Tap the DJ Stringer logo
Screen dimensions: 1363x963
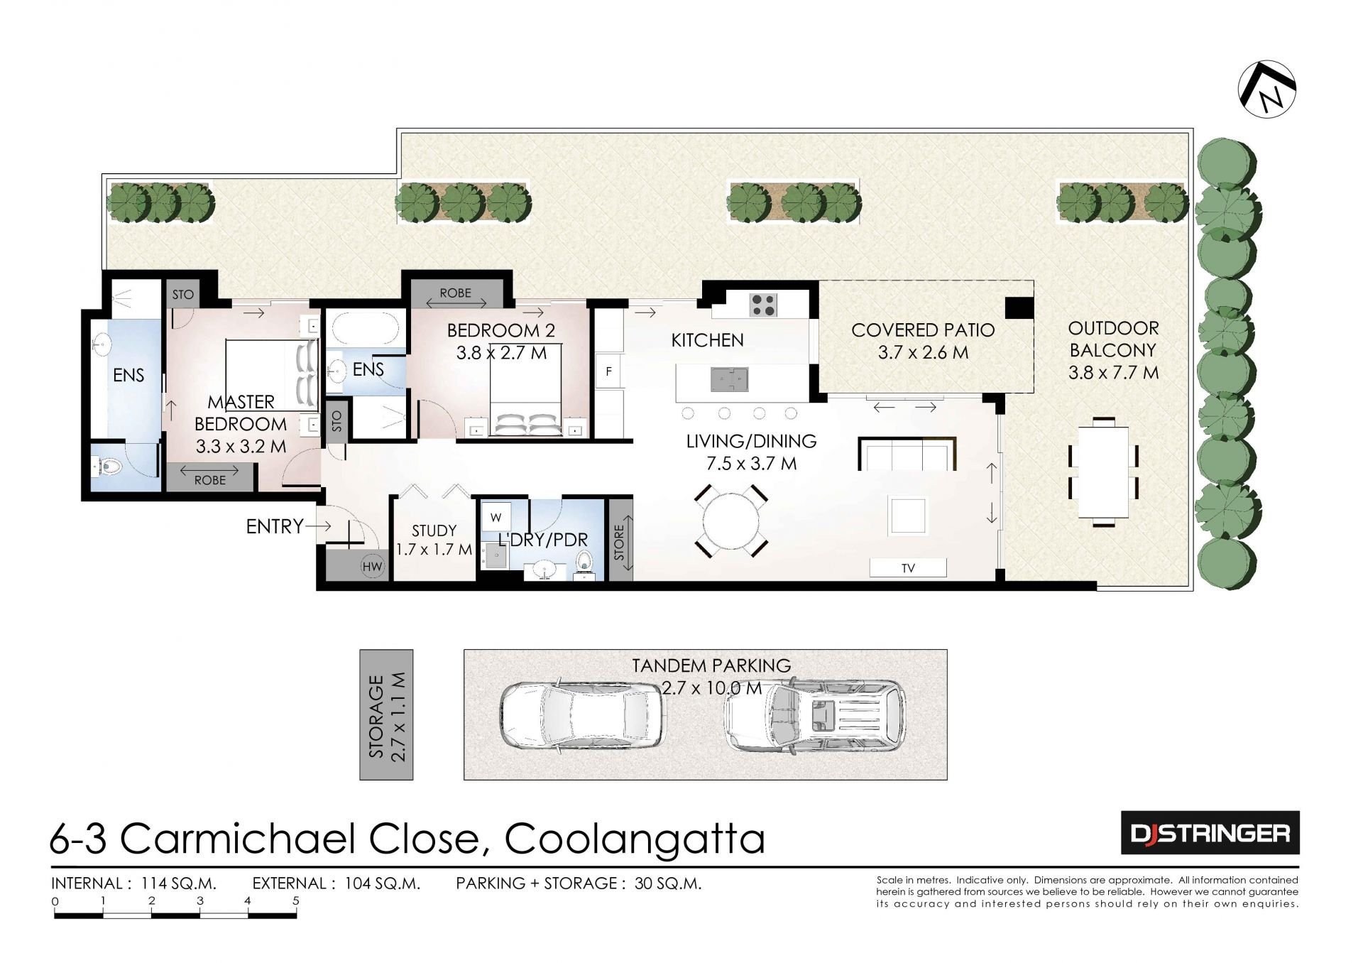[1210, 832]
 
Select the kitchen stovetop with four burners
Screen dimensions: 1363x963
[764, 305]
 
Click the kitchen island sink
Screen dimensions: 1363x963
[730, 379]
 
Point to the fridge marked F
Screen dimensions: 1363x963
[608, 371]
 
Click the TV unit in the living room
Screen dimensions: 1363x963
[908, 567]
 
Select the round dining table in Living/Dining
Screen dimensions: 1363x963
[731, 521]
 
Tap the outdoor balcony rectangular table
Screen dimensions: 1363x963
[1103, 472]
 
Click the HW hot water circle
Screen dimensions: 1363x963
[372, 566]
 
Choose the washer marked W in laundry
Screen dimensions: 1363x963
[496, 518]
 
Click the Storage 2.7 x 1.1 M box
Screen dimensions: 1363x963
[386, 714]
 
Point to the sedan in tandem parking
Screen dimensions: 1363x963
[582, 715]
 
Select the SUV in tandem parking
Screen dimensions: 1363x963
[815, 715]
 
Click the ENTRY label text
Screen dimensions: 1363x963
[275, 526]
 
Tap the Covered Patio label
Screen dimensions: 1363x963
[923, 341]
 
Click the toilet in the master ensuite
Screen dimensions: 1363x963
[108, 467]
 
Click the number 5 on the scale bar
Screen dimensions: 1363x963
[296, 901]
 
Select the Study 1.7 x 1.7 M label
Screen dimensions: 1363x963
[434, 540]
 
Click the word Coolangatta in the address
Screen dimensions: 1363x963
[635, 839]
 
